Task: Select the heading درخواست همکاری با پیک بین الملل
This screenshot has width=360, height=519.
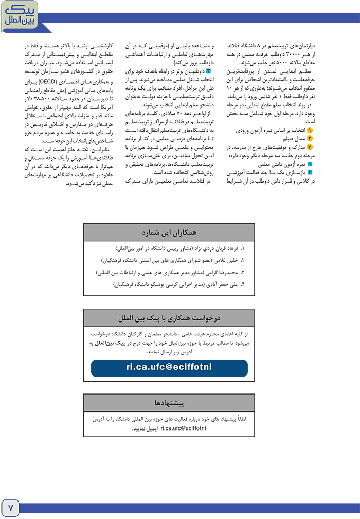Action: pos(169,315)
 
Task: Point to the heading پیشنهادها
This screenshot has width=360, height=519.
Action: pos(169,402)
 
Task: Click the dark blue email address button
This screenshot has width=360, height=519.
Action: pos(169,368)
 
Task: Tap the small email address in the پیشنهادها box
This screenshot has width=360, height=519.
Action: pos(183,427)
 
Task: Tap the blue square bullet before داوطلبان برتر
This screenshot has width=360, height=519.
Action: pos(209,70)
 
